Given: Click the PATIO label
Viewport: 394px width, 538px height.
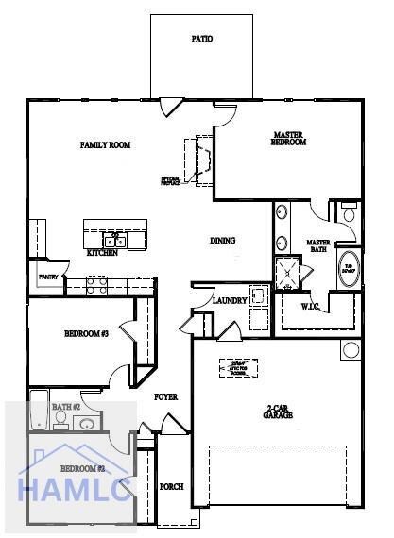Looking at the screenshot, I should [x=201, y=40].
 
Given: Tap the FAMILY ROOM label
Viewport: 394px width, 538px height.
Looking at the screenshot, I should [x=105, y=145].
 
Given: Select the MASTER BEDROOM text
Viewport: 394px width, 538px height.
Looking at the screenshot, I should [x=289, y=139].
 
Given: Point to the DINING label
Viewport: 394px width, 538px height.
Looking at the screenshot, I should [x=222, y=241].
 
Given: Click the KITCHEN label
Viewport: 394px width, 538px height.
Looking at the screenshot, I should [x=102, y=253].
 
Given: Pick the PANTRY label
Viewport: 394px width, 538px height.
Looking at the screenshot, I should [x=48, y=277].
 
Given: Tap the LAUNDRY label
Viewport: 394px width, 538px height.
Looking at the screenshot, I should [x=230, y=301].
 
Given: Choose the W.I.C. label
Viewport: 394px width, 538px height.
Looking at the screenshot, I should [x=312, y=307].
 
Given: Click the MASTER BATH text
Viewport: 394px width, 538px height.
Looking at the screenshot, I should [x=318, y=246].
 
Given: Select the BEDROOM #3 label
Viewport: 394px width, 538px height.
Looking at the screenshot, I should [x=87, y=333].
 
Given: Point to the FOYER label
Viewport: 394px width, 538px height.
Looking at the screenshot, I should [x=166, y=397].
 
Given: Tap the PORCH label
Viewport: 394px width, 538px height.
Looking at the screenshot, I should [x=172, y=487].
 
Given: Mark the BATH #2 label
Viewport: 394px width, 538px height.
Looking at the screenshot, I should [x=67, y=407].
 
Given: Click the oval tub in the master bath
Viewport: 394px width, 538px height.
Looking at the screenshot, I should [x=349, y=269].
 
